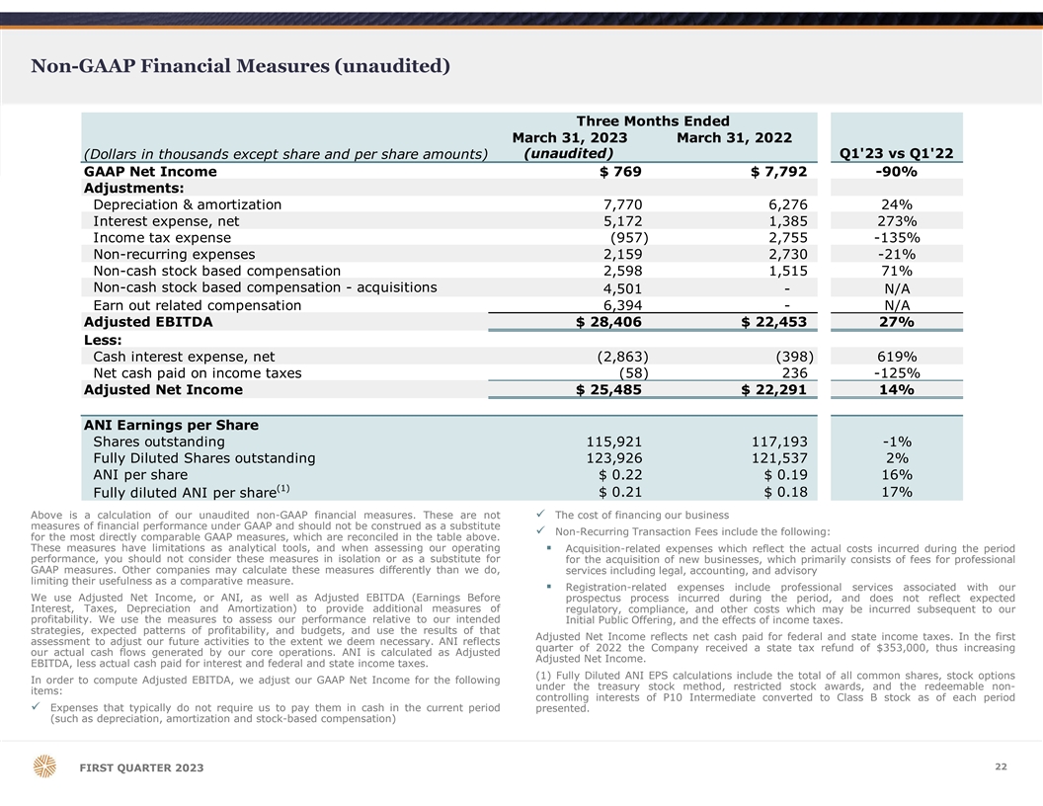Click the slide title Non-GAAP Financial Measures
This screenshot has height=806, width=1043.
click(x=241, y=66)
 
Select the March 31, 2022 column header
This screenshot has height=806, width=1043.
click(x=734, y=137)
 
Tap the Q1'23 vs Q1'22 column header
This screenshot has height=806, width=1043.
click(x=895, y=153)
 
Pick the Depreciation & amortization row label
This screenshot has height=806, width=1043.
click(x=187, y=204)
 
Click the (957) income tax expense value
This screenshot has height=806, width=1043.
click(x=629, y=238)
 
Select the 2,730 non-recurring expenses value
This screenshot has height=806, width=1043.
click(x=787, y=255)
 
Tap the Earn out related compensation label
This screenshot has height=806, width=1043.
click(x=197, y=305)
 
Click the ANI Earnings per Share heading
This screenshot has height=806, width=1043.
click(x=171, y=425)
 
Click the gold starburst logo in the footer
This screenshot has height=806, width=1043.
click(x=45, y=767)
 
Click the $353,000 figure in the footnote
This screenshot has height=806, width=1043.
click(x=870, y=647)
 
